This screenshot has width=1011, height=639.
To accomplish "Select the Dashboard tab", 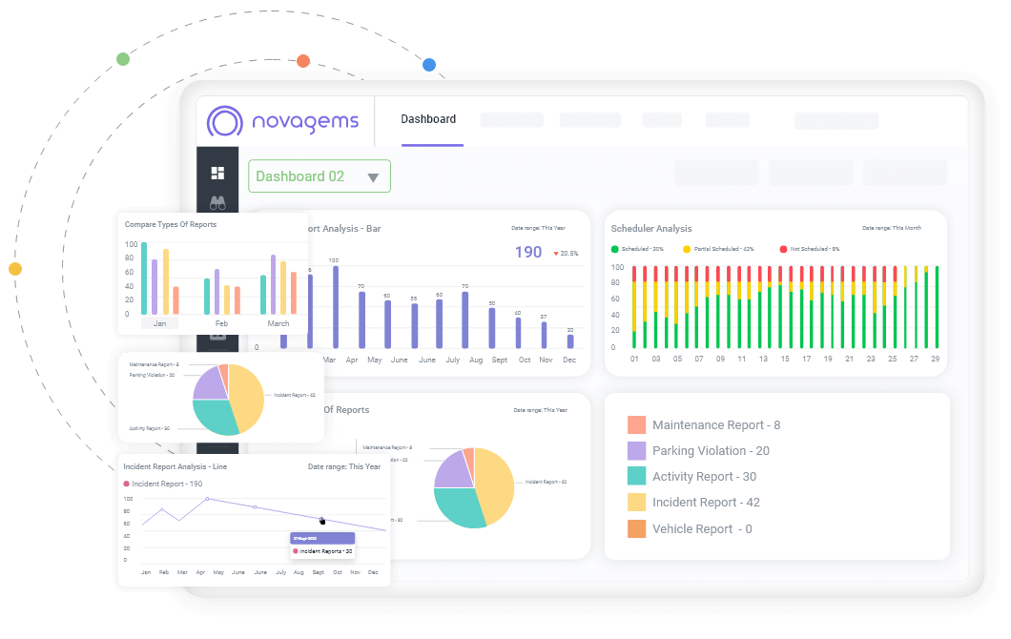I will click(x=428, y=119).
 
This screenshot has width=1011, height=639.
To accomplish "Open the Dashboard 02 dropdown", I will click(x=320, y=176).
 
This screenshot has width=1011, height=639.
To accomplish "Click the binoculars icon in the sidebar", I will click(x=217, y=202).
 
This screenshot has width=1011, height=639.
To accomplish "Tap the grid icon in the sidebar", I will click(x=217, y=173).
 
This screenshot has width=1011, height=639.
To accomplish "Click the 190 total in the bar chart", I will click(x=528, y=253).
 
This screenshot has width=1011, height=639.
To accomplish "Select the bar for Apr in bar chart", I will click(x=361, y=319).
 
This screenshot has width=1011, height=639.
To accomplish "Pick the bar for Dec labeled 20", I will click(x=570, y=340).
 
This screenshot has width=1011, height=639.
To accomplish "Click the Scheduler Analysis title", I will click(x=651, y=229).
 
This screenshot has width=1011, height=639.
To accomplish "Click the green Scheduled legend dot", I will click(x=615, y=249).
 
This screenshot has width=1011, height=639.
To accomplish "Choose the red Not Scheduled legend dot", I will click(x=783, y=249).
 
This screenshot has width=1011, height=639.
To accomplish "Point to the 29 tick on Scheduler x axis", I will click(x=936, y=360).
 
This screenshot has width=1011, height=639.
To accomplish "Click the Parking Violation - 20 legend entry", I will click(x=711, y=451).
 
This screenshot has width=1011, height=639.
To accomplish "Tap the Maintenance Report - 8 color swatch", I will click(x=636, y=425).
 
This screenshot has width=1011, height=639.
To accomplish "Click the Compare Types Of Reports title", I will click(x=171, y=225).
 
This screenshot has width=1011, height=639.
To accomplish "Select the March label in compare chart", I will click(x=278, y=323).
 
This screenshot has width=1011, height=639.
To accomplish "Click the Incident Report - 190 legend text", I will click(x=167, y=484).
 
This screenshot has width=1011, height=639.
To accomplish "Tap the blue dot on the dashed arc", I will click(x=429, y=65).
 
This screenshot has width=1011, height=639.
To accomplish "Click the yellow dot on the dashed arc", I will click(x=15, y=269).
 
